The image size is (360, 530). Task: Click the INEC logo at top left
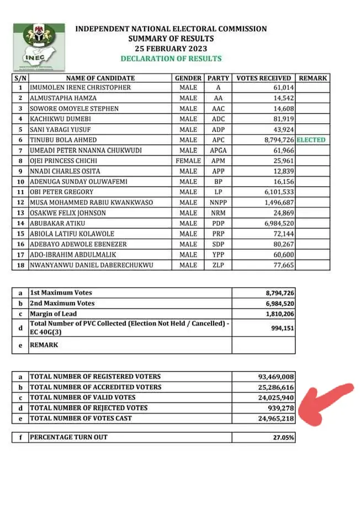[39, 44]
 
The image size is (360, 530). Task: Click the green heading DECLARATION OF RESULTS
[171, 59]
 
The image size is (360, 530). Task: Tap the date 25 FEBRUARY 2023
[171, 49]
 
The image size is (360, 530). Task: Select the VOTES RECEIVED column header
[263, 78]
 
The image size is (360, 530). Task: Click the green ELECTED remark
[311, 140]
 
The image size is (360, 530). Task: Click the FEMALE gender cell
[188, 161]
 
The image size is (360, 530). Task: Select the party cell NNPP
[218, 203]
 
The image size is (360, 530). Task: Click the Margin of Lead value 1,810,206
[276, 314]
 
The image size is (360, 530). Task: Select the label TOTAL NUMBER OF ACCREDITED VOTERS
[96, 387]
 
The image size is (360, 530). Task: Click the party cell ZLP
[218, 265]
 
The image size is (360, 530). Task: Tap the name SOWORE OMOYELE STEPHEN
[75, 109]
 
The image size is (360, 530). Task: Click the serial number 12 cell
[20, 203]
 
